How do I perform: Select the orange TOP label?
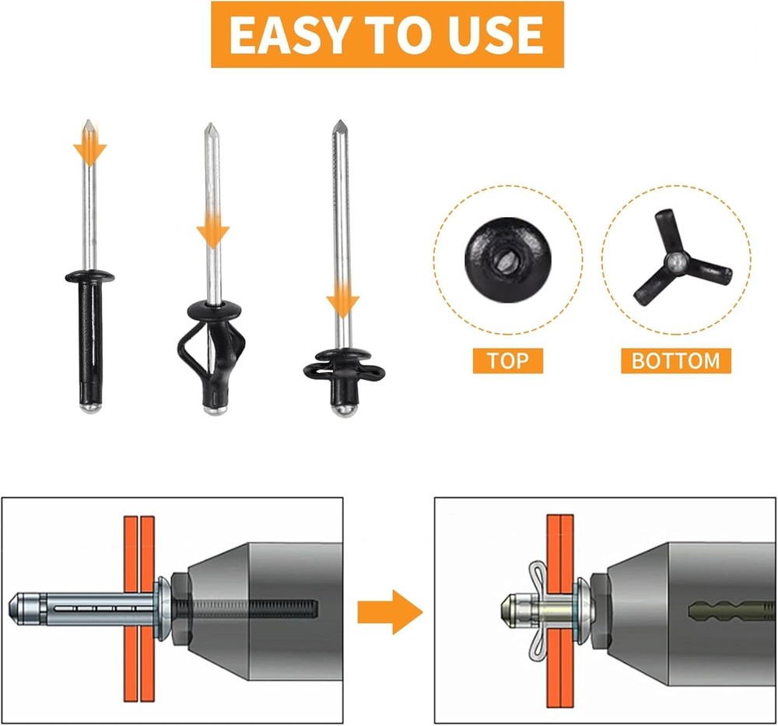(x=507, y=361)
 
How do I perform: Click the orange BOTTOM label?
(x=676, y=361)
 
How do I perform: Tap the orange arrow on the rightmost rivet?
(x=342, y=299)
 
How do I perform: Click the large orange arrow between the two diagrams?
(x=390, y=612)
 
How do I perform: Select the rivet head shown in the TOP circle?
(x=507, y=260)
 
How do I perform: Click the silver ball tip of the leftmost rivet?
(x=90, y=408)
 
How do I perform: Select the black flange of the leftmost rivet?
(x=89, y=276)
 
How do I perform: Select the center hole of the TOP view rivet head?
(x=508, y=260)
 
